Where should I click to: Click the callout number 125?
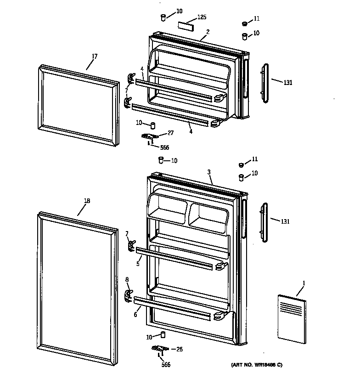202,17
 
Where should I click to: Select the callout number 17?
94,57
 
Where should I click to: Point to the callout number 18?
87,201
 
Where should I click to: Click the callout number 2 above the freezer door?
208,32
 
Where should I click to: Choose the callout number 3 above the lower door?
209,172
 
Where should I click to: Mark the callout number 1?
303,282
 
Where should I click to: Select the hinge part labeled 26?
160,349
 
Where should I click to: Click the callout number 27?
170,133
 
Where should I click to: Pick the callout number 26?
180,349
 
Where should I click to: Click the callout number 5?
138,264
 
